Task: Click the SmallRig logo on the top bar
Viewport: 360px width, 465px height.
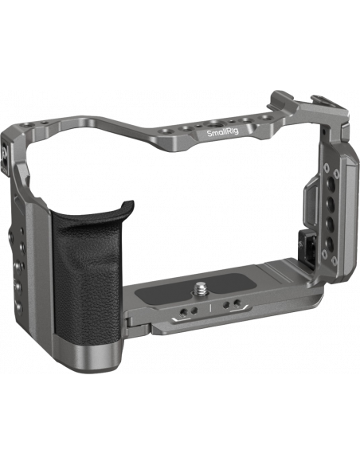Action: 222,133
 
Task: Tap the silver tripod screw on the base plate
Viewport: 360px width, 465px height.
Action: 198,289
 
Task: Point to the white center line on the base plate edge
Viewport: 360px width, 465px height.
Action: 210,308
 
